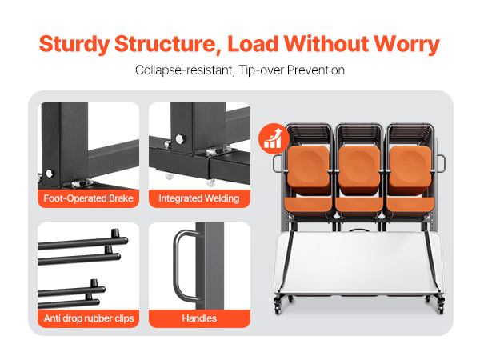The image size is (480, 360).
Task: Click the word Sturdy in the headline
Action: pos(74,45)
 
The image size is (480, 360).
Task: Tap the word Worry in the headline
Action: pos(407,45)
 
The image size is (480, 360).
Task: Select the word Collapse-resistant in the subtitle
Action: pos(185,70)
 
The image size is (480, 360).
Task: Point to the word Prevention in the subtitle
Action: pos(316,70)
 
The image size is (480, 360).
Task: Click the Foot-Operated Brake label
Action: pos(89,198)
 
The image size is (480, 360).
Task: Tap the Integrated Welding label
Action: pos(199,198)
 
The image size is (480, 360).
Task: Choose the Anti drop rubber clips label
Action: pos(89,318)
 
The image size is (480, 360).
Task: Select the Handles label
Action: pos(199,318)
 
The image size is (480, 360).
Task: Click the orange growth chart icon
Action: pos(274,138)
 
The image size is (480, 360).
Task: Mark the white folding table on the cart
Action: pos(358,262)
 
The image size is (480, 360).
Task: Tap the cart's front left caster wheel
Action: pos(278,308)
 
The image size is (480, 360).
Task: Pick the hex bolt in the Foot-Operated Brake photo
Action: pos(49,174)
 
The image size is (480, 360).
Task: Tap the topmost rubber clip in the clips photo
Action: pos(115,234)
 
